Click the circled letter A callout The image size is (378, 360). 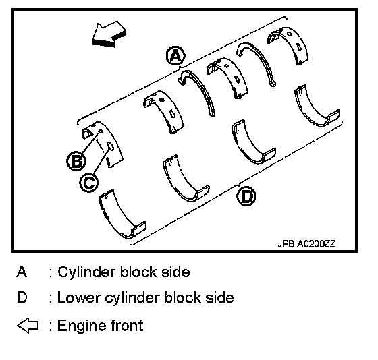click(176, 56)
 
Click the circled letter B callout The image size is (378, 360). click(76, 161)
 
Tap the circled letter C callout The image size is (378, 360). click(89, 183)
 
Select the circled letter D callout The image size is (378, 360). click(246, 196)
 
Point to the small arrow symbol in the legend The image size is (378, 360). click(28, 326)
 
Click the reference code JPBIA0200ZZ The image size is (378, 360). click(306, 244)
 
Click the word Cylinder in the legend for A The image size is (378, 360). click(87, 272)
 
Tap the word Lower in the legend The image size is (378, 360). click(78, 297)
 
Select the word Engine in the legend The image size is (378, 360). click(82, 326)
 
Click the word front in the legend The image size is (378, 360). click(127, 326)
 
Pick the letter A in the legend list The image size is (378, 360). click(22, 272)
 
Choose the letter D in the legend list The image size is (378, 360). click(22, 297)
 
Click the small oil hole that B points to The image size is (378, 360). click(101, 131)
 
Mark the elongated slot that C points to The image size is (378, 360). click(110, 146)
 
